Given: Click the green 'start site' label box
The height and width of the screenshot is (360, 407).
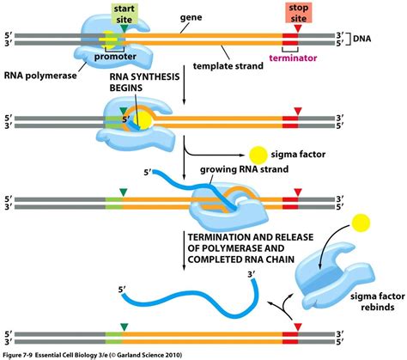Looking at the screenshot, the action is (125, 14).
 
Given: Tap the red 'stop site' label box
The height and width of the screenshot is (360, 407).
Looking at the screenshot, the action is (298, 13).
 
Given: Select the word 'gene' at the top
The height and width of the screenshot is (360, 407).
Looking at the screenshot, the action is (191, 17).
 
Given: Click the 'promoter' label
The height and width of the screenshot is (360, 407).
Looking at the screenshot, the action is (115, 57).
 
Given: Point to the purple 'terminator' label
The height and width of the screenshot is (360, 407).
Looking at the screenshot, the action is (293, 58).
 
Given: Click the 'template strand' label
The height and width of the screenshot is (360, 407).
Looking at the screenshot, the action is (228, 66).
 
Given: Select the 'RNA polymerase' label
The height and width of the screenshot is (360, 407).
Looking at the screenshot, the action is (40, 76).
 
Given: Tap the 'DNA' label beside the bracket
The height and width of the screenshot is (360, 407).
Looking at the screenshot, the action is (361, 39).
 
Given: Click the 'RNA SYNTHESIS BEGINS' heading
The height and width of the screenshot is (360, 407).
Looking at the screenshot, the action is (144, 82).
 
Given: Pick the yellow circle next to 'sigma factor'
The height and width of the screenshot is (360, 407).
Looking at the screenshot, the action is (258, 155).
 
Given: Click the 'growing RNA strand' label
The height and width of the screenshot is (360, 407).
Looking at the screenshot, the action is (244, 169).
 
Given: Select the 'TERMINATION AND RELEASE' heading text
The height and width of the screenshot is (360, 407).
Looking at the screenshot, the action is (251, 237).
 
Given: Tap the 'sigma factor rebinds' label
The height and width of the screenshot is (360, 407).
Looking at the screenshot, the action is (378, 302).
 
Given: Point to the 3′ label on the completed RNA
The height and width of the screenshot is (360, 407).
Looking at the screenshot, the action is (251, 275).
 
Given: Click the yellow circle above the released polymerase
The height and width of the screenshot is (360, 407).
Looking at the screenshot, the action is (361, 223).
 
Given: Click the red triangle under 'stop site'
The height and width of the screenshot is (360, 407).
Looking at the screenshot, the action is (298, 28).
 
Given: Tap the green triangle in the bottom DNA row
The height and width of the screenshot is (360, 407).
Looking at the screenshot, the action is (124, 327).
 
